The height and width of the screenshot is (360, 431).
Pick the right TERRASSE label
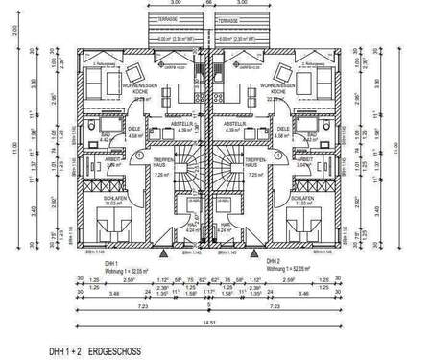point(227,17)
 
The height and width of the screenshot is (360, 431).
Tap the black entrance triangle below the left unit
point(164,255)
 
